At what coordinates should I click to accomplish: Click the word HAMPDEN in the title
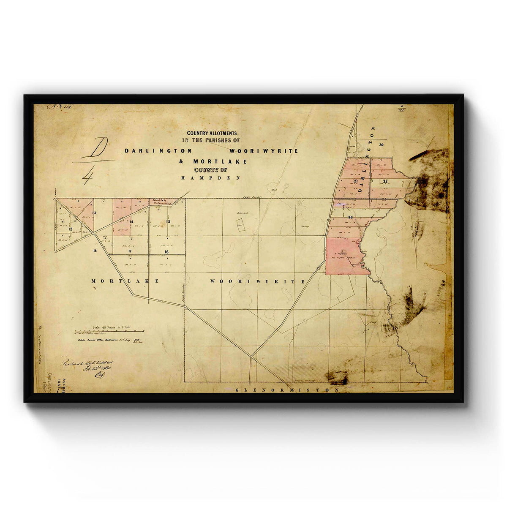[x=210, y=178]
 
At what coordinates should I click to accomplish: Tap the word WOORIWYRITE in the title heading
[x=264, y=151]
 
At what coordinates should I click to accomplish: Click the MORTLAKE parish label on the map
[x=125, y=281]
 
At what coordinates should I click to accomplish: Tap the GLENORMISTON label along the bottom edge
[x=287, y=390]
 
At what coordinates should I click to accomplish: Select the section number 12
[x=71, y=229]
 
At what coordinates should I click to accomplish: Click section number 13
[x=94, y=213]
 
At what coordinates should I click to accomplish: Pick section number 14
[x=131, y=221]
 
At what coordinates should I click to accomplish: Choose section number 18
[x=95, y=251]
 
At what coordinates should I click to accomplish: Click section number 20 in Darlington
[x=381, y=145]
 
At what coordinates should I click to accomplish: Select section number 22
[x=385, y=181]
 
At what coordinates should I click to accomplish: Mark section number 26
[x=351, y=217]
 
